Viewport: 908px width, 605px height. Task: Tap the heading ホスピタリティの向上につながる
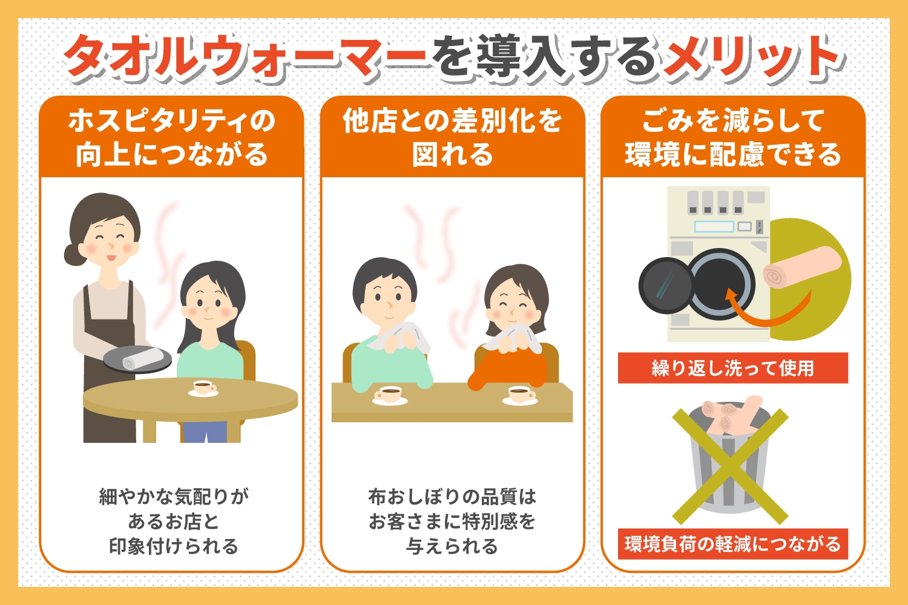click(172, 138)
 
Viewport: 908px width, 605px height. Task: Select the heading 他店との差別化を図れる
click(452, 138)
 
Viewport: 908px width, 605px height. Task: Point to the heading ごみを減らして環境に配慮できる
click(733, 138)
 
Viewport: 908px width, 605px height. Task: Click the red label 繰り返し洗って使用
click(733, 368)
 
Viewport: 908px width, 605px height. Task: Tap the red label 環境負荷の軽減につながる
click(733, 544)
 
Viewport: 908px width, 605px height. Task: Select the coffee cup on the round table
click(204, 388)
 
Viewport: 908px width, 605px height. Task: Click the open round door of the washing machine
click(666, 286)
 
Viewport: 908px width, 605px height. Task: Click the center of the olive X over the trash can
click(730, 466)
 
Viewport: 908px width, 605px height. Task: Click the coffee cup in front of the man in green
click(390, 396)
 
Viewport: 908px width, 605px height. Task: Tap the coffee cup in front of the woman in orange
click(521, 396)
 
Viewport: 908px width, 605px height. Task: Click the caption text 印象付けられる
click(174, 546)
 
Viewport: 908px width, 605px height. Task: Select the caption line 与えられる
click(452, 546)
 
